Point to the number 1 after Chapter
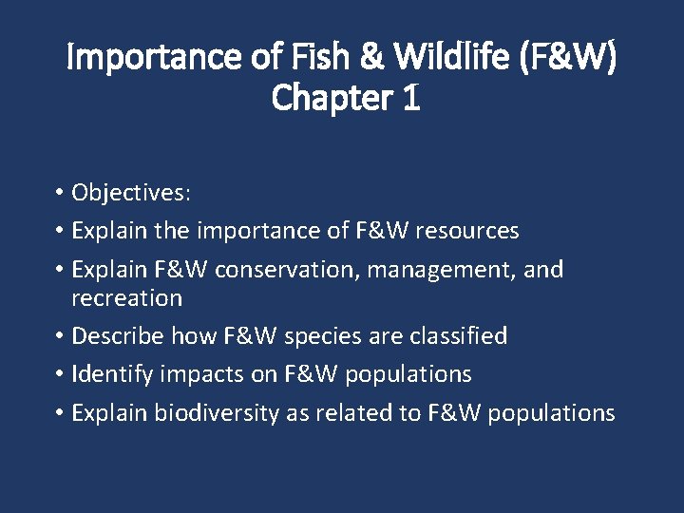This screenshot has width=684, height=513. coord(410,98)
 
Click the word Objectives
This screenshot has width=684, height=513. coord(131,193)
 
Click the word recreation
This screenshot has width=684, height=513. coord(126,298)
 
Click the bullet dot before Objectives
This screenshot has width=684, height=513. coord(59,193)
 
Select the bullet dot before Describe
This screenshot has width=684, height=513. coord(59,336)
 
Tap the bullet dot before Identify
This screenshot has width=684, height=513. coord(59,374)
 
